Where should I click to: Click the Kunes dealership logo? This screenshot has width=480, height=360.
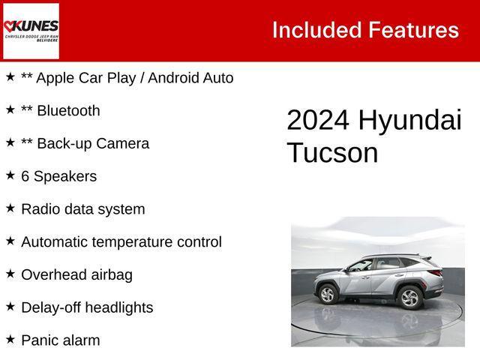[31, 31]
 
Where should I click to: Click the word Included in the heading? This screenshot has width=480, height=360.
[316, 30]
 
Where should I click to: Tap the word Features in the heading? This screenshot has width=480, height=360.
[413, 30]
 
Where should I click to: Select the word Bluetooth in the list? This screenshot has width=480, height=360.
[68, 111]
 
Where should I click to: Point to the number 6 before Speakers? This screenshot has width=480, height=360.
[25, 177]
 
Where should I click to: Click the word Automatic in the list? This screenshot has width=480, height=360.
[57, 242]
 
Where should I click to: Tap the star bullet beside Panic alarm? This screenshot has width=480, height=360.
[10, 339]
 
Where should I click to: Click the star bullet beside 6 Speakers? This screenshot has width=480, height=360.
[10, 175]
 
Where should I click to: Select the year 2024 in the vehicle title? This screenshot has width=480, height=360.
[318, 121]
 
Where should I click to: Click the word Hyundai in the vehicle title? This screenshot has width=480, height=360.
[409, 121]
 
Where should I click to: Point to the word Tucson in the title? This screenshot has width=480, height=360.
[332, 152]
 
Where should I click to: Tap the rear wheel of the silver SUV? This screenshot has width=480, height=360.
[409, 298]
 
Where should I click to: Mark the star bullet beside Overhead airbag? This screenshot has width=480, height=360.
[10, 274]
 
